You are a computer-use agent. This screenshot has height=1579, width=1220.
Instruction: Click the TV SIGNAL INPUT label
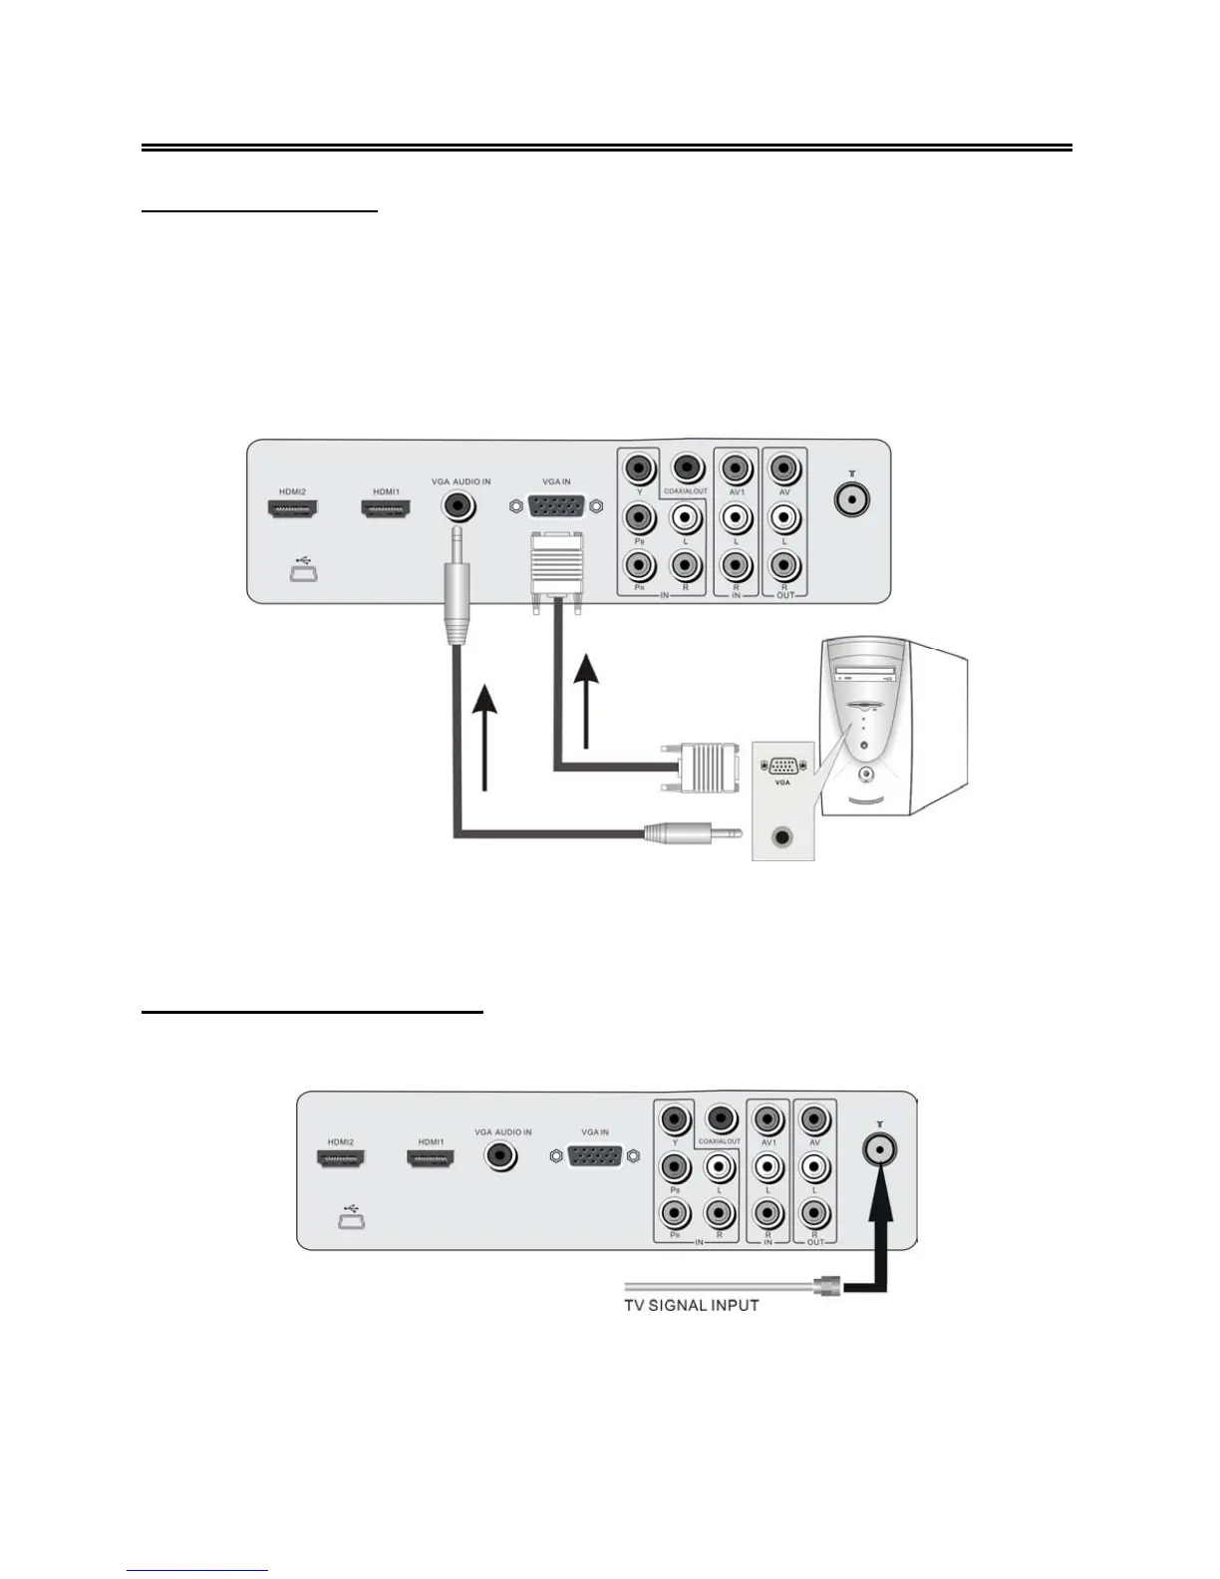point(691,1305)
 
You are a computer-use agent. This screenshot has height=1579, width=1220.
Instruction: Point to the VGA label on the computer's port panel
point(782,784)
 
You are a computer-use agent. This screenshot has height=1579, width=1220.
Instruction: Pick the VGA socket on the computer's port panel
point(782,767)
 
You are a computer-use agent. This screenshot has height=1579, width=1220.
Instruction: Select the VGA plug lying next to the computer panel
point(701,768)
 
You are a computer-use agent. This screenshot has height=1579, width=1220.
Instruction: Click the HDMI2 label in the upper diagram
point(293,490)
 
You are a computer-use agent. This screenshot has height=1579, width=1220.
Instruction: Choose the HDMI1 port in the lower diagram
point(431,1158)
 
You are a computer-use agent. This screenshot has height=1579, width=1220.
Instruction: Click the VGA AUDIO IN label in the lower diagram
point(502,1132)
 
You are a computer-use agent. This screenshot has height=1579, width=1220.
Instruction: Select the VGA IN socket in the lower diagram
point(595,1156)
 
